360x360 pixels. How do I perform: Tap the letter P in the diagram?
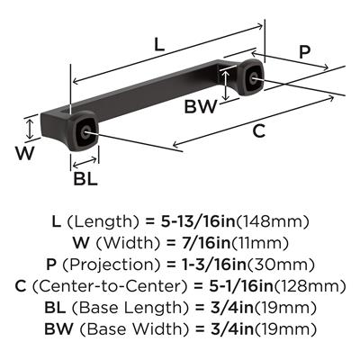tap(306, 51)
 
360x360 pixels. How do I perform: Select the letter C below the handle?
tap(258, 131)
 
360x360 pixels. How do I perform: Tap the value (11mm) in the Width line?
tap(271, 243)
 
